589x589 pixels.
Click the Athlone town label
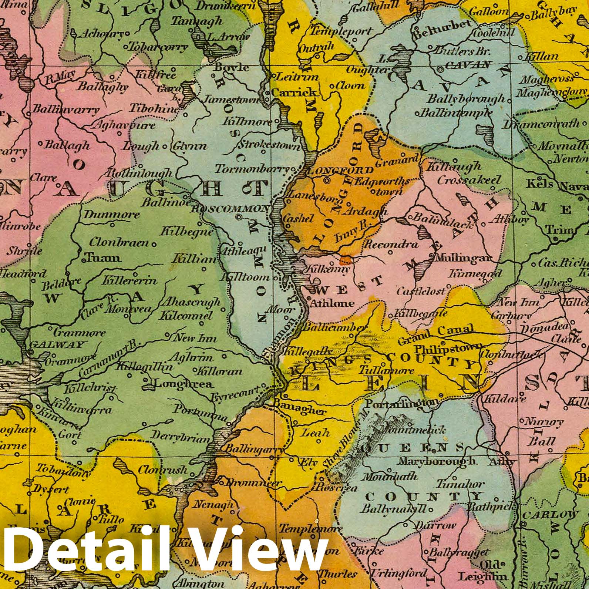[x=332, y=303]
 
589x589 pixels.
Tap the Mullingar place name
[x=465, y=258]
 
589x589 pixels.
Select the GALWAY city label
[x=56, y=345]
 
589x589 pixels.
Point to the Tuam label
[x=102, y=258]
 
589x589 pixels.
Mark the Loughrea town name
[x=183, y=384]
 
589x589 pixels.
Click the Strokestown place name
[x=270, y=145]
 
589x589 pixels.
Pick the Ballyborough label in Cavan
[x=466, y=99]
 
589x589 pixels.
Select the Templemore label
[x=310, y=528]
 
